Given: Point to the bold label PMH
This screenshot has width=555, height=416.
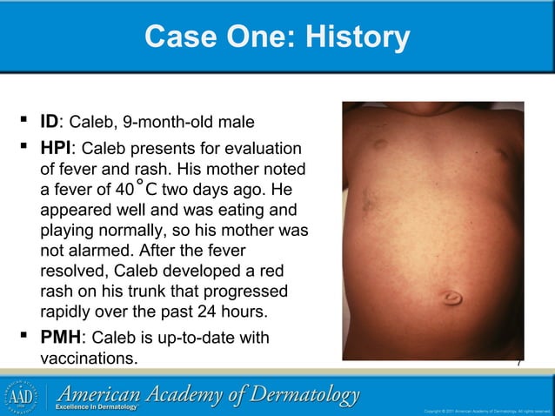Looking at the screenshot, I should (62, 337).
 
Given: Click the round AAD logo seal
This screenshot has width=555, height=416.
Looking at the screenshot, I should (23, 393).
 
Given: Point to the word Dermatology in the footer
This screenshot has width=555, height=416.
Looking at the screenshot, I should (303, 394).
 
